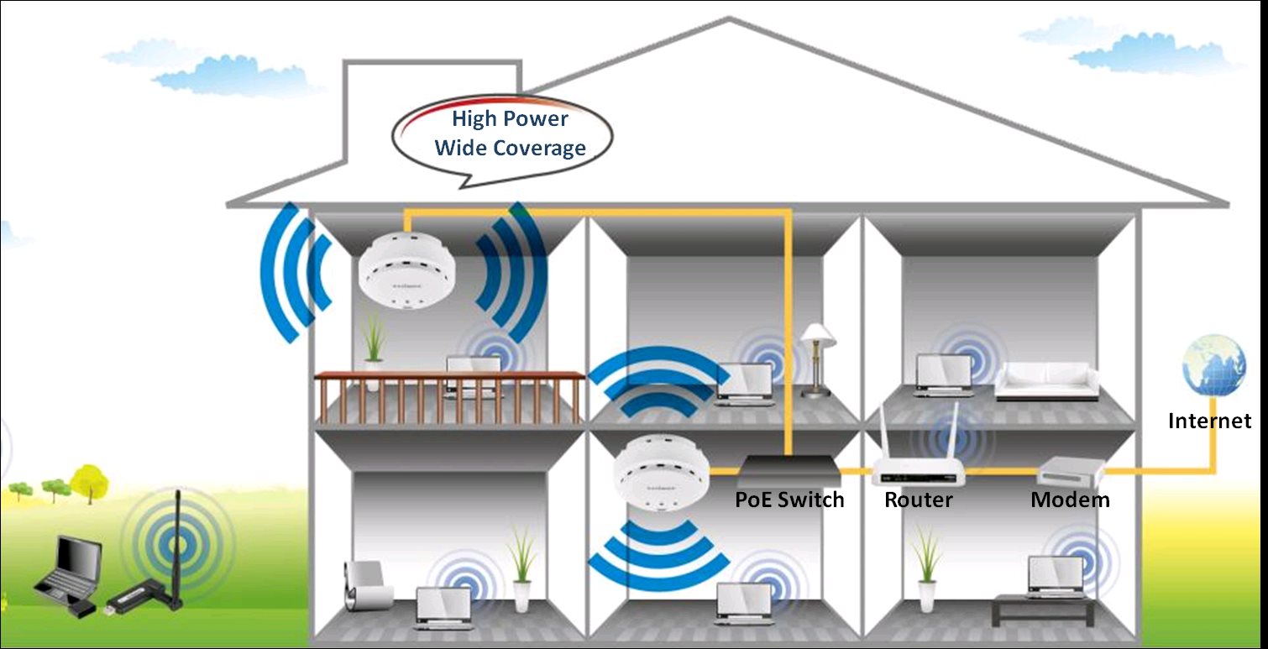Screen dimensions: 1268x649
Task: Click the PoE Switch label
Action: [789, 500]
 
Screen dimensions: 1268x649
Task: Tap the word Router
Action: [918, 500]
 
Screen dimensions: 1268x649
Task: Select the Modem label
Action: [1070, 500]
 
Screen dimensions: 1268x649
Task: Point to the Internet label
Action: [1210, 421]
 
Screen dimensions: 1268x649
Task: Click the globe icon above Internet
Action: [1213, 365]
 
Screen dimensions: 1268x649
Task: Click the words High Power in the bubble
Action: [510, 118]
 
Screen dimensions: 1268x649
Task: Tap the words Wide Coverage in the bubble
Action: [510, 148]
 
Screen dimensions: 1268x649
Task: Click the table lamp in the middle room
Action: [819, 360]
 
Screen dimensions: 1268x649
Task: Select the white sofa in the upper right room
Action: [1046, 382]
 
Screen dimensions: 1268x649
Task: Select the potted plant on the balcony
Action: [373, 351]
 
